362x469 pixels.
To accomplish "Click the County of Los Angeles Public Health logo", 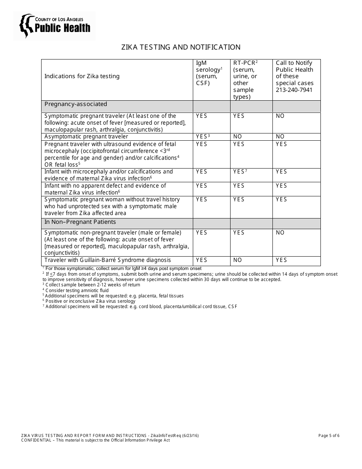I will click(55, 26).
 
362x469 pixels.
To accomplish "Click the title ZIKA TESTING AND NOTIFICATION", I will click(181, 47).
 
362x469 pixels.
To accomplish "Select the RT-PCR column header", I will click(245, 80).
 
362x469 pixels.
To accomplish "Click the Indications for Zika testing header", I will click(82, 76).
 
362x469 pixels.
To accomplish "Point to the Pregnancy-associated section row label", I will click(76, 104).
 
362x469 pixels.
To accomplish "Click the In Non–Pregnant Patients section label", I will click(80, 222).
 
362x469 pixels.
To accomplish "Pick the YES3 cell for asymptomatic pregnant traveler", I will click(203, 137).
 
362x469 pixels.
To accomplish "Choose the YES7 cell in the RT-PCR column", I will click(240, 172).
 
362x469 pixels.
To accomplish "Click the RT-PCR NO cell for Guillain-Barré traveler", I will click(237, 260).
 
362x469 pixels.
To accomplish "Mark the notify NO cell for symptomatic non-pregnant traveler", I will click(280, 233).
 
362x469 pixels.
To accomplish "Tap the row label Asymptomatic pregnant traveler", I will click(86, 137).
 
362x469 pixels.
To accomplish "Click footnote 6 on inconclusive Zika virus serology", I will click(90, 301).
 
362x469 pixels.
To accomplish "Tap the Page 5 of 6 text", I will click(328, 435).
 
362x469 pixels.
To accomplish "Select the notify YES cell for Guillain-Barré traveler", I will click(281, 260).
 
